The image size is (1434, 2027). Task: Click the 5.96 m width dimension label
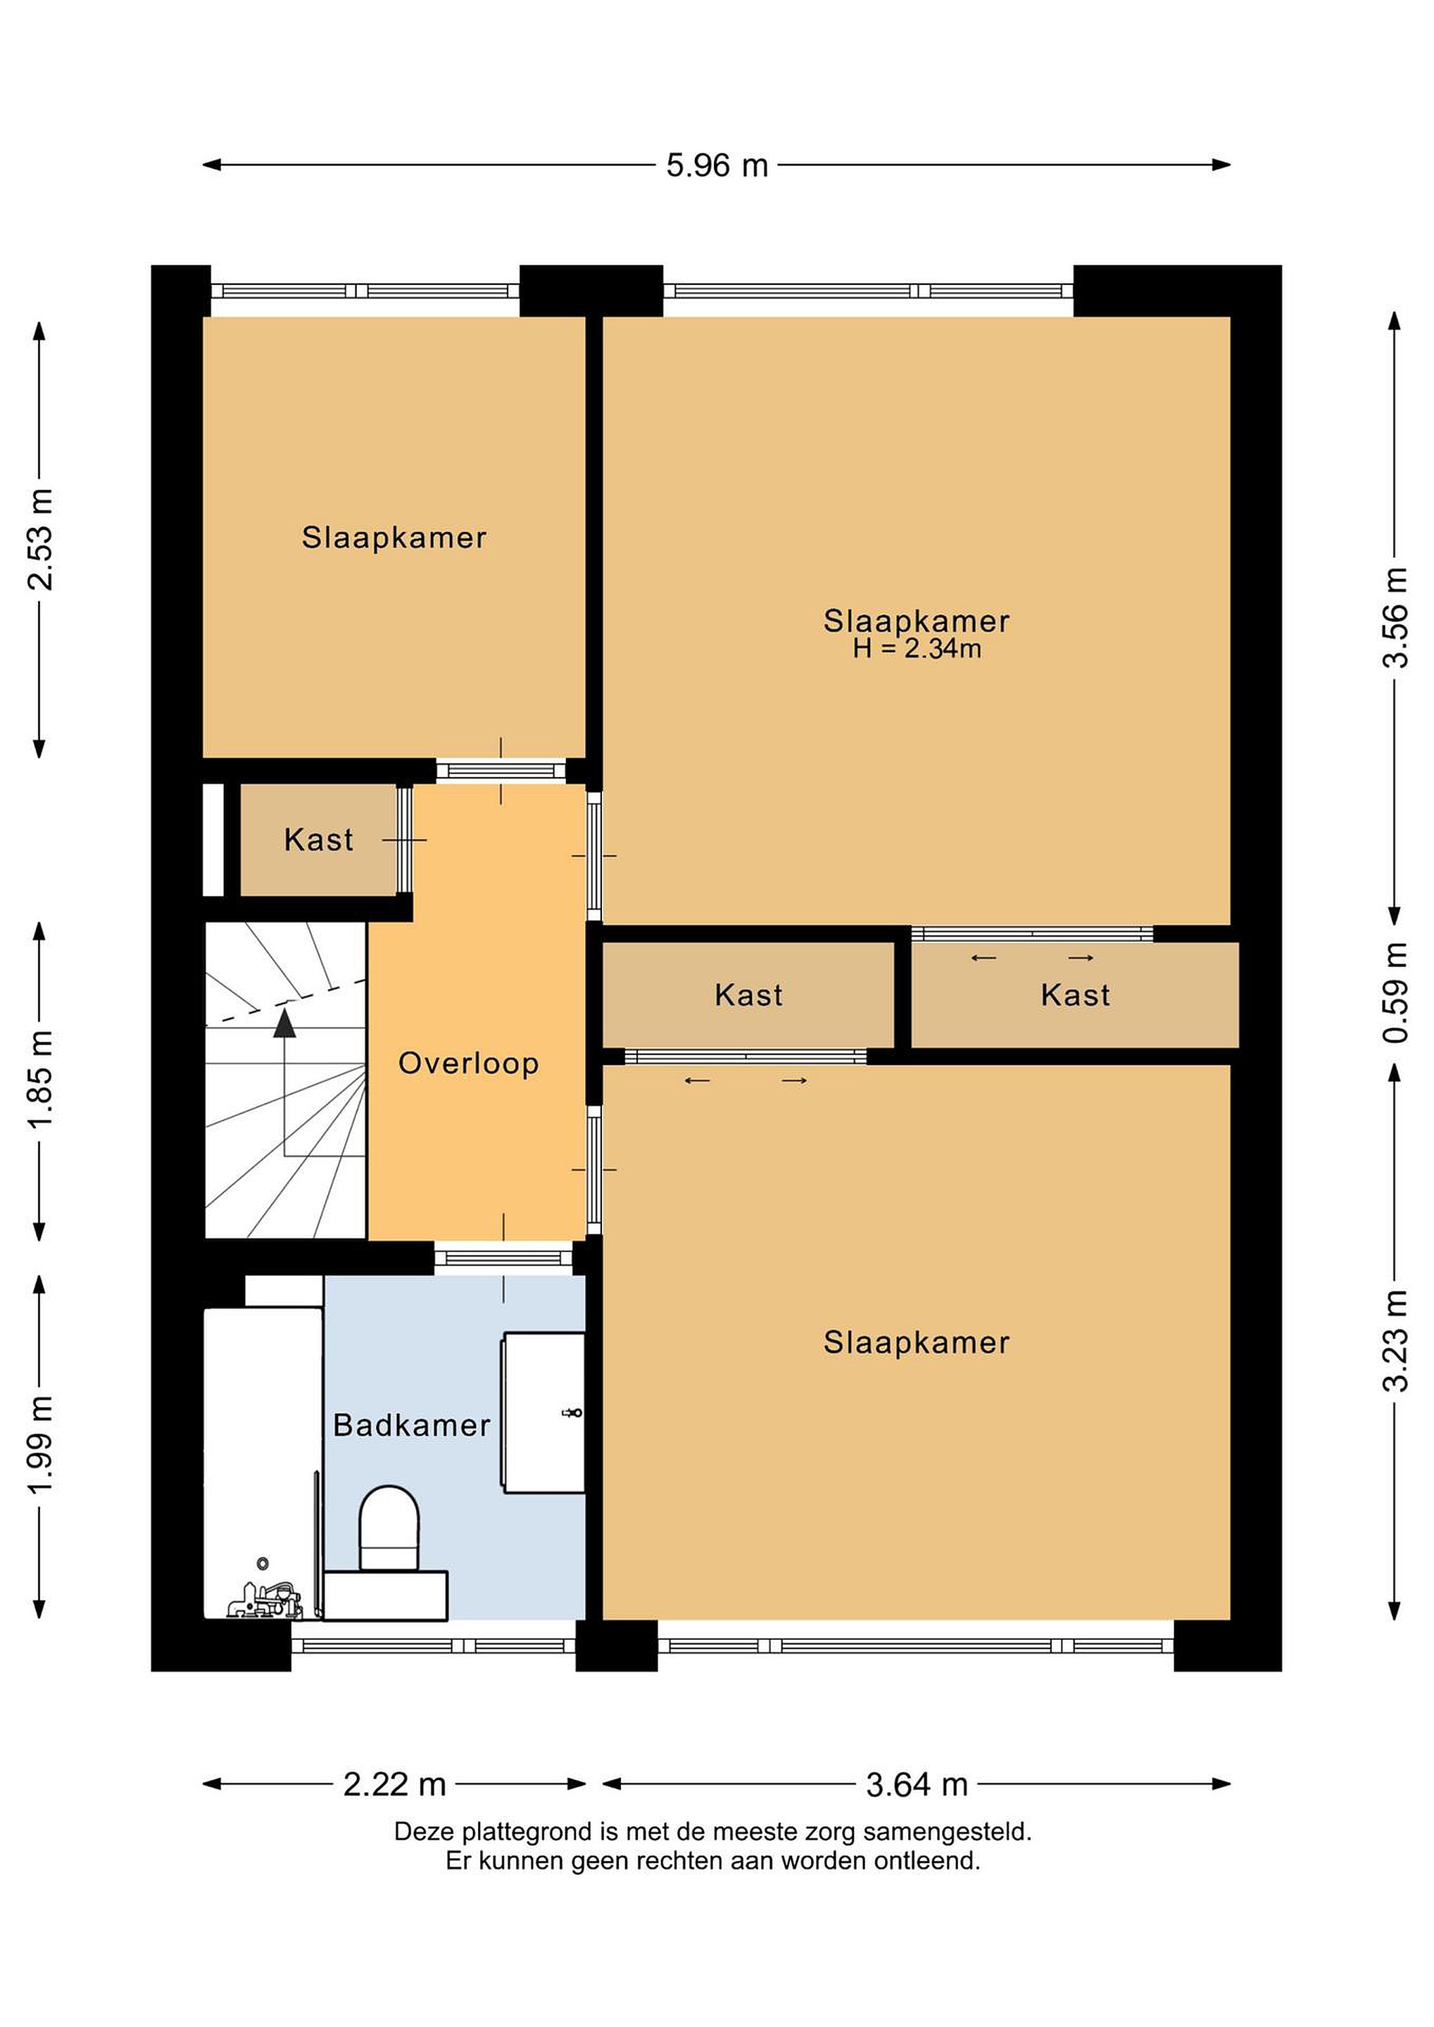(717, 165)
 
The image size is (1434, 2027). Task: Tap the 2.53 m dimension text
(41, 538)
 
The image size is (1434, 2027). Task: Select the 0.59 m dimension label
(1395, 992)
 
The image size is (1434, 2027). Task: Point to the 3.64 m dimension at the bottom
(917, 1785)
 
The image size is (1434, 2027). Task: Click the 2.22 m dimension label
(395, 1785)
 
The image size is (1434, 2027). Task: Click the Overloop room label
(468, 1063)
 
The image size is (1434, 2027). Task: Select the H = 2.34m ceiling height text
(917, 649)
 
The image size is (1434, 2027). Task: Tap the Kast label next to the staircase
(318, 840)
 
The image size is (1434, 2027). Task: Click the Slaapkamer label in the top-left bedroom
(394, 538)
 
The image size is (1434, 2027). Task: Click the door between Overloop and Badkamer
(503, 1258)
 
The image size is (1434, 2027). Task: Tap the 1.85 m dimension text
(41, 1080)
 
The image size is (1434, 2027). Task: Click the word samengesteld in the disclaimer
(948, 1832)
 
